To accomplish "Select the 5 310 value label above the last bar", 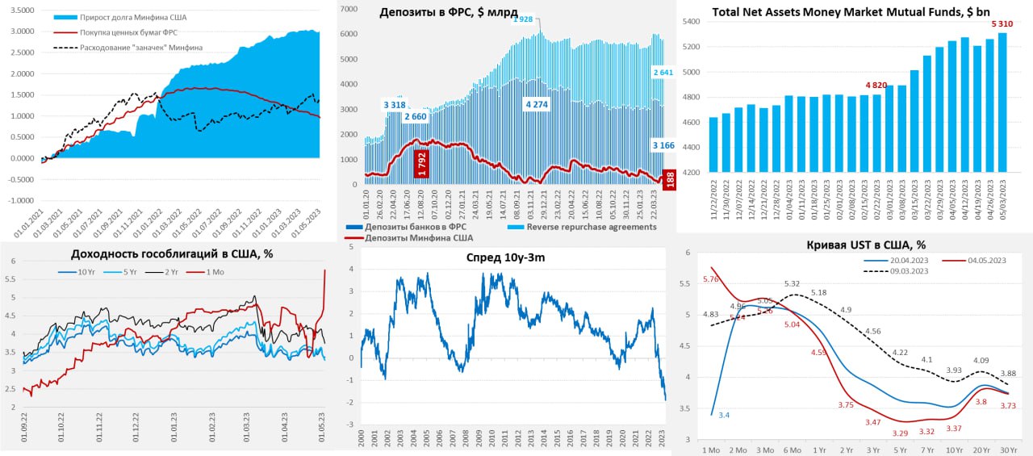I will (1002, 24).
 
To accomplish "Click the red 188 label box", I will (669, 180).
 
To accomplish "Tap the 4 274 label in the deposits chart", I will (537, 105).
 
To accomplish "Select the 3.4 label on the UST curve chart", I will (723, 415).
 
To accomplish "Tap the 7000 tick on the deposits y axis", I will (347, 9).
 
